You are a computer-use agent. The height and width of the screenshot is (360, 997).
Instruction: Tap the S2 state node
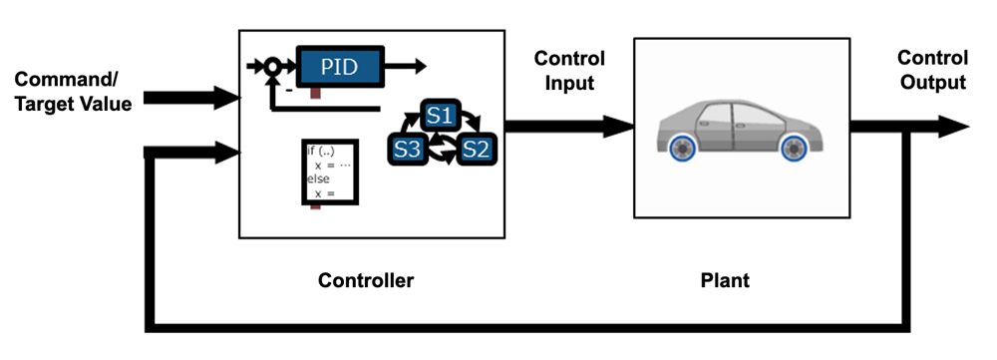point(476,151)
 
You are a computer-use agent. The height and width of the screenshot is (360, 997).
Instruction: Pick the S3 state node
point(406,151)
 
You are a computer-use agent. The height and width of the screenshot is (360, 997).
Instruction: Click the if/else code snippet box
point(329,172)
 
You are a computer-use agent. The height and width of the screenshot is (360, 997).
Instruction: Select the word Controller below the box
point(365,280)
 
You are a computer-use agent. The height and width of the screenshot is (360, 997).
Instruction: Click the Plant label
point(724,280)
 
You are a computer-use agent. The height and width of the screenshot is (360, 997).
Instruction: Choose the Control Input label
point(569,71)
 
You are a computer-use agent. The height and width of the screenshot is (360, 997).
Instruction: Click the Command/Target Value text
point(74,90)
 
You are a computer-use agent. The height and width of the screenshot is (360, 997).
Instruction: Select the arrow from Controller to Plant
point(568,126)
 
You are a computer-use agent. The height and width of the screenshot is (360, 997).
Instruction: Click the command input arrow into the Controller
point(199,98)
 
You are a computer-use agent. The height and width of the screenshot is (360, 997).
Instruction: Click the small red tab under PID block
point(314,93)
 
